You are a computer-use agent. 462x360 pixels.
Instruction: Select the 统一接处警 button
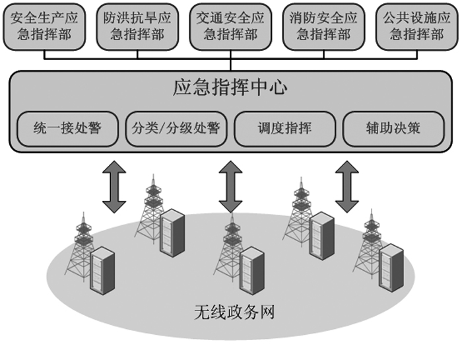(x=67, y=127)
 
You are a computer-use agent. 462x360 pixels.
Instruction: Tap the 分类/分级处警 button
(x=176, y=127)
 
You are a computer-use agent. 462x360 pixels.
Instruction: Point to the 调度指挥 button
(x=284, y=127)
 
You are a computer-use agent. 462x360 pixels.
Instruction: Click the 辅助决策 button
(x=393, y=127)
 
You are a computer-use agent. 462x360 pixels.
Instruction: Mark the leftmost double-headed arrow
(x=114, y=187)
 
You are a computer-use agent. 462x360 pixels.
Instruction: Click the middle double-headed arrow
(x=230, y=187)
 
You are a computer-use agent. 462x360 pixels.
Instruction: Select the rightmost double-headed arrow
(x=347, y=187)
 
